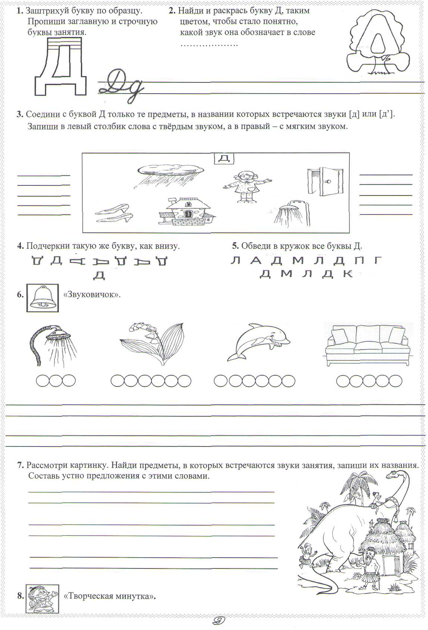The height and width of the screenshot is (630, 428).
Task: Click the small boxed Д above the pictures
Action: coord(223,158)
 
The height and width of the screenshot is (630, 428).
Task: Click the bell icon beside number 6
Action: coord(43,298)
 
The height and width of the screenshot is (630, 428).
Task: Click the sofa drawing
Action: coord(366,344)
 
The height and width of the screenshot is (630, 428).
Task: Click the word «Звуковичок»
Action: coord(92,295)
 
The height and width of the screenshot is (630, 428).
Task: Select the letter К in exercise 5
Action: coord(347,274)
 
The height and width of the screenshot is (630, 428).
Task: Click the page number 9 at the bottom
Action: coord(217,621)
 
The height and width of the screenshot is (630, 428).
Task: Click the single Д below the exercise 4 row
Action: coord(99,275)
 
